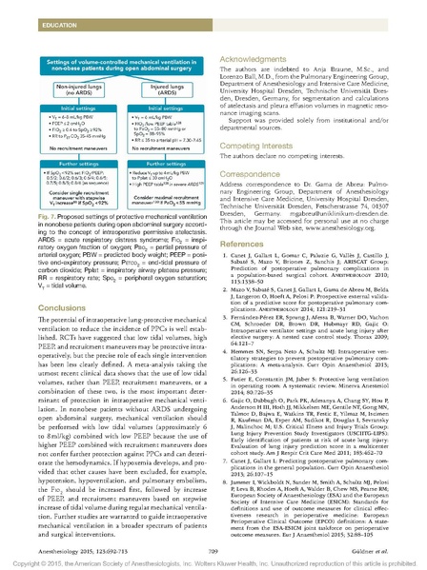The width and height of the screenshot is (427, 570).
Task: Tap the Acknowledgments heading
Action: [x=258, y=59]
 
